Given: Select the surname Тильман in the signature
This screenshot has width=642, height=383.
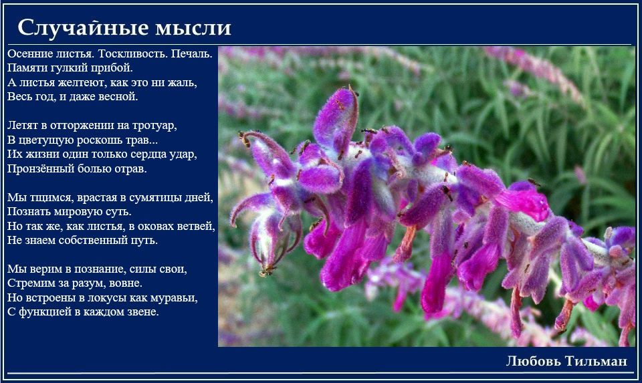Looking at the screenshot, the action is coord(596,361).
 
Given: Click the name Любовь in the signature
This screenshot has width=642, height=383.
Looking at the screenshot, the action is coord(534,361).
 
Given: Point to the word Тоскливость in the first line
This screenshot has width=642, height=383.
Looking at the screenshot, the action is coord(132,53).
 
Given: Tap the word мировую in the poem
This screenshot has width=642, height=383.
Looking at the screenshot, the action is coord(78,212).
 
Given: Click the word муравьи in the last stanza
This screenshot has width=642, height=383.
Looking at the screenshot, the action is coord(174,298).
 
